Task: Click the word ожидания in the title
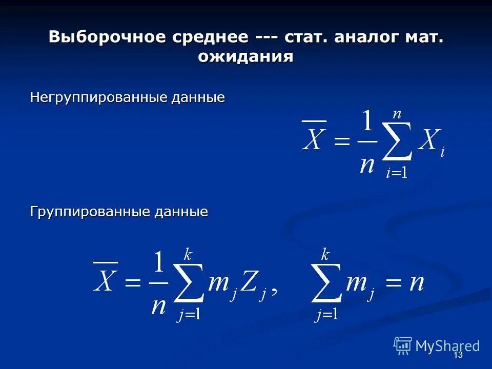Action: [245, 56]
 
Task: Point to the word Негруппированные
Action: [90, 97]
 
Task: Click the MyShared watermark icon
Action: [403, 346]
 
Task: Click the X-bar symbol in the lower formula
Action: [105, 280]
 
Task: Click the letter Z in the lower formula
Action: [249, 282]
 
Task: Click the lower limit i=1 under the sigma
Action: [396, 173]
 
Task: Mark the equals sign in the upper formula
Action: [341, 142]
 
